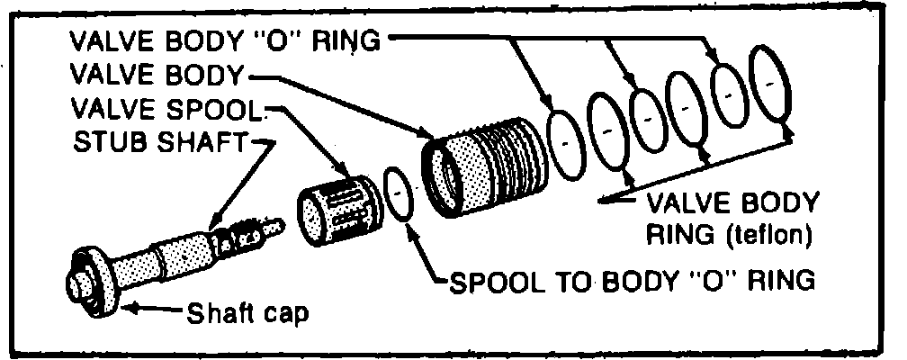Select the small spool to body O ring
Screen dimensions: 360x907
coord(397,193)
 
